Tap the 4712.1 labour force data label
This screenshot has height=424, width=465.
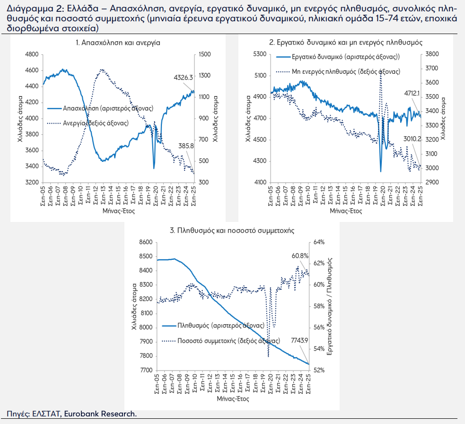412,93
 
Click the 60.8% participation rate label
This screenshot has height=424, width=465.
300,256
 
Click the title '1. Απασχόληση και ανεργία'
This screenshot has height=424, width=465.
118,43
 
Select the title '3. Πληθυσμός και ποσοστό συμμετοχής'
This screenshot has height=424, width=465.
232,230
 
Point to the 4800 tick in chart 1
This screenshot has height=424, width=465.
32,54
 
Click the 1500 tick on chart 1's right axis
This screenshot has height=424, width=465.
205,54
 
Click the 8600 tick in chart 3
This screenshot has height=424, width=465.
146,242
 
